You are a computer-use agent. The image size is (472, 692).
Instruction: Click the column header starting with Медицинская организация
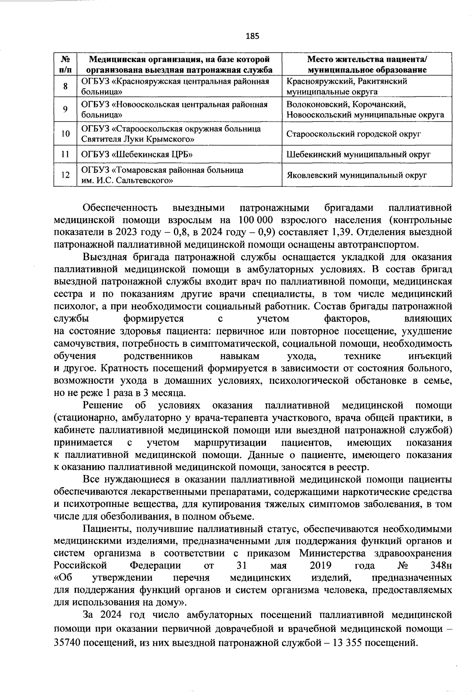click(179, 64)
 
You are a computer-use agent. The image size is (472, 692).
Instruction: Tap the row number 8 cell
click(65, 86)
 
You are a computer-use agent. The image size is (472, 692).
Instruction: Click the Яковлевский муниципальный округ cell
click(356, 175)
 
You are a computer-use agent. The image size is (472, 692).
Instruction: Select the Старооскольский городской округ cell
click(354, 134)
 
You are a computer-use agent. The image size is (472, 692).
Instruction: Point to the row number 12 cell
click(65, 175)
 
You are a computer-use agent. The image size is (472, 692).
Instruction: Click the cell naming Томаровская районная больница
click(162, 175)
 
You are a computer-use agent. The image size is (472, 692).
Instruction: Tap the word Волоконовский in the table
click(317, 105)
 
